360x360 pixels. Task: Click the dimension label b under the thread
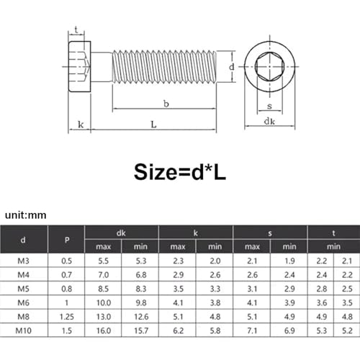pos(166,104)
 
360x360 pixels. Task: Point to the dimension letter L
pos(153,125)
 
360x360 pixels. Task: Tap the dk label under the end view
pos(269,121)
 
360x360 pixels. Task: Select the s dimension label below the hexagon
pos(269,106)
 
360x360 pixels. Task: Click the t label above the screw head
pos(76,30)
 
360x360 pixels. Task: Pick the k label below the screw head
pos(81,125)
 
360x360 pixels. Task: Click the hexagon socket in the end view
pos(269,66)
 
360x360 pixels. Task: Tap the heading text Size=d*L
pos(180,172)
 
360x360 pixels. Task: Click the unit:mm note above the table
pos(26,215)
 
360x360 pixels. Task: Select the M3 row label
pos(23,261)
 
